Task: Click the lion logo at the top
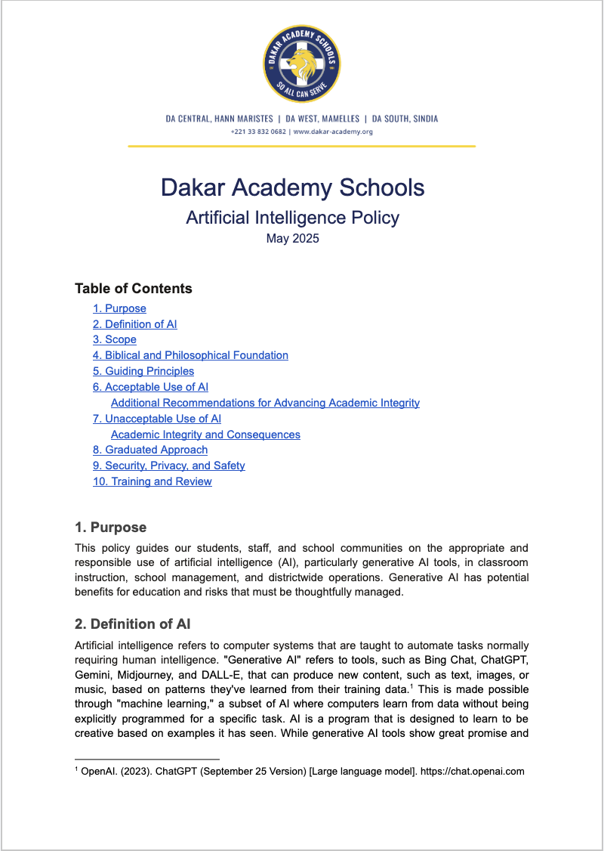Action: (x=301, y=63)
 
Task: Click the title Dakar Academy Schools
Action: (x=293, y=187)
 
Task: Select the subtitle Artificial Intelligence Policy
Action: (x=293, y=218)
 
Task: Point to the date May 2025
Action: (x=293, y=239)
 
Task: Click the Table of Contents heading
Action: (x=134, y=289)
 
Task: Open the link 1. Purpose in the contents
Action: (x=119, y=308)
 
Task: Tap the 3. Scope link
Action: (x=115, y=339)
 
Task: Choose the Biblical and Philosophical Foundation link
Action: (x=190, y=355)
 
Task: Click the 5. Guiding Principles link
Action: (x=143, y=371)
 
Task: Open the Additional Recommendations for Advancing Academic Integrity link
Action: (x=265, y=403)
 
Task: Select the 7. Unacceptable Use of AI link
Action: (x=157, y=419)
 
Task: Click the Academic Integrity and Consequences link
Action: (x=205, y=435)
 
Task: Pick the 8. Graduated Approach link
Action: (x=150, y=450)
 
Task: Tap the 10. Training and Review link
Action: (x=153, y=481)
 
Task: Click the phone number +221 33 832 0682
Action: (x=258, y=132)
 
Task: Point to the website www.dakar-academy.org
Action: (x=333, y=132)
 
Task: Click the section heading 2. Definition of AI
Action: (x=133, y=624)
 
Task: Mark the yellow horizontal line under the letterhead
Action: (x=302, y=146)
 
